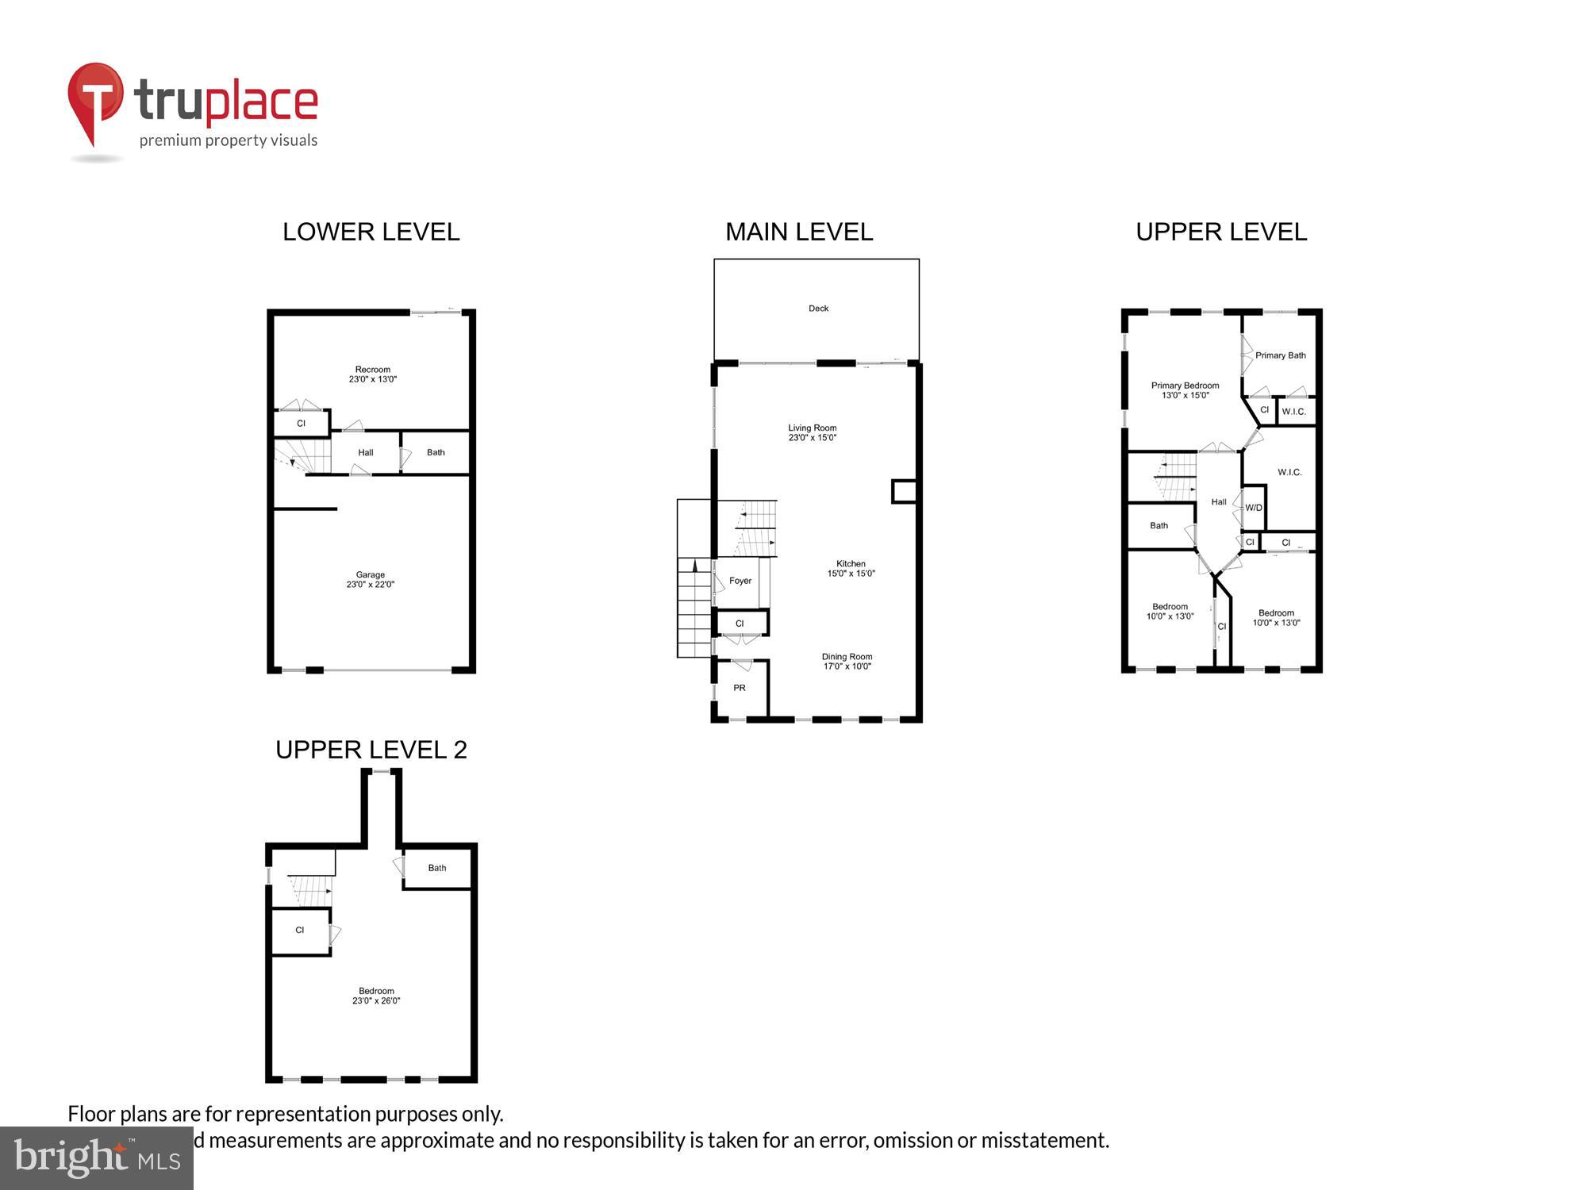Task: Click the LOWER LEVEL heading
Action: pyautogui.click(x=371, y=232)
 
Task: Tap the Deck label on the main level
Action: pyautogui.click(x=818, y=309)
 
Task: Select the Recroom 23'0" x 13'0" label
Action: pyautogui.click(x=372, y=374)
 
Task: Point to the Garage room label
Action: pyautogui.click(x=370, y=574)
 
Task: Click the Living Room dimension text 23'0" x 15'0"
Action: pyautogui.click(x=812, y=438)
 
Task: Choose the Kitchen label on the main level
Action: pyautogui.click(x=851, y=563)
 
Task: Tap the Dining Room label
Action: pyautogui.click(x=847, y=657)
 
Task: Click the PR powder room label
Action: pyautogui.click(x=739, y=688)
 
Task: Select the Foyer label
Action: pyautogui.click(x=740, y=581)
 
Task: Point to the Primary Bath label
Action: pyautogui.click(x=1280, y=355)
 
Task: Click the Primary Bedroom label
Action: pyautogui.click(x=1185, y=386)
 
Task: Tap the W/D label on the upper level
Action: pyautogui.click(x=1253, y=508)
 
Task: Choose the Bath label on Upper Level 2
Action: pyautogui.click(x=437, y=868)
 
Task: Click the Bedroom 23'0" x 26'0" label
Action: pyautogui.click(x=376, y=996)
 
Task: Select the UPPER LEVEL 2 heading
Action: pyautogui.click(x=371, y=750)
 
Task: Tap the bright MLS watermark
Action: pyautogui.click(x=97, y=1158)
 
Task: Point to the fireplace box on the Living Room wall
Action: pyautogui.click(x=904, y=491)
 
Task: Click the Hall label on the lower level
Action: pyautogui.click(x=365, y=453)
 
